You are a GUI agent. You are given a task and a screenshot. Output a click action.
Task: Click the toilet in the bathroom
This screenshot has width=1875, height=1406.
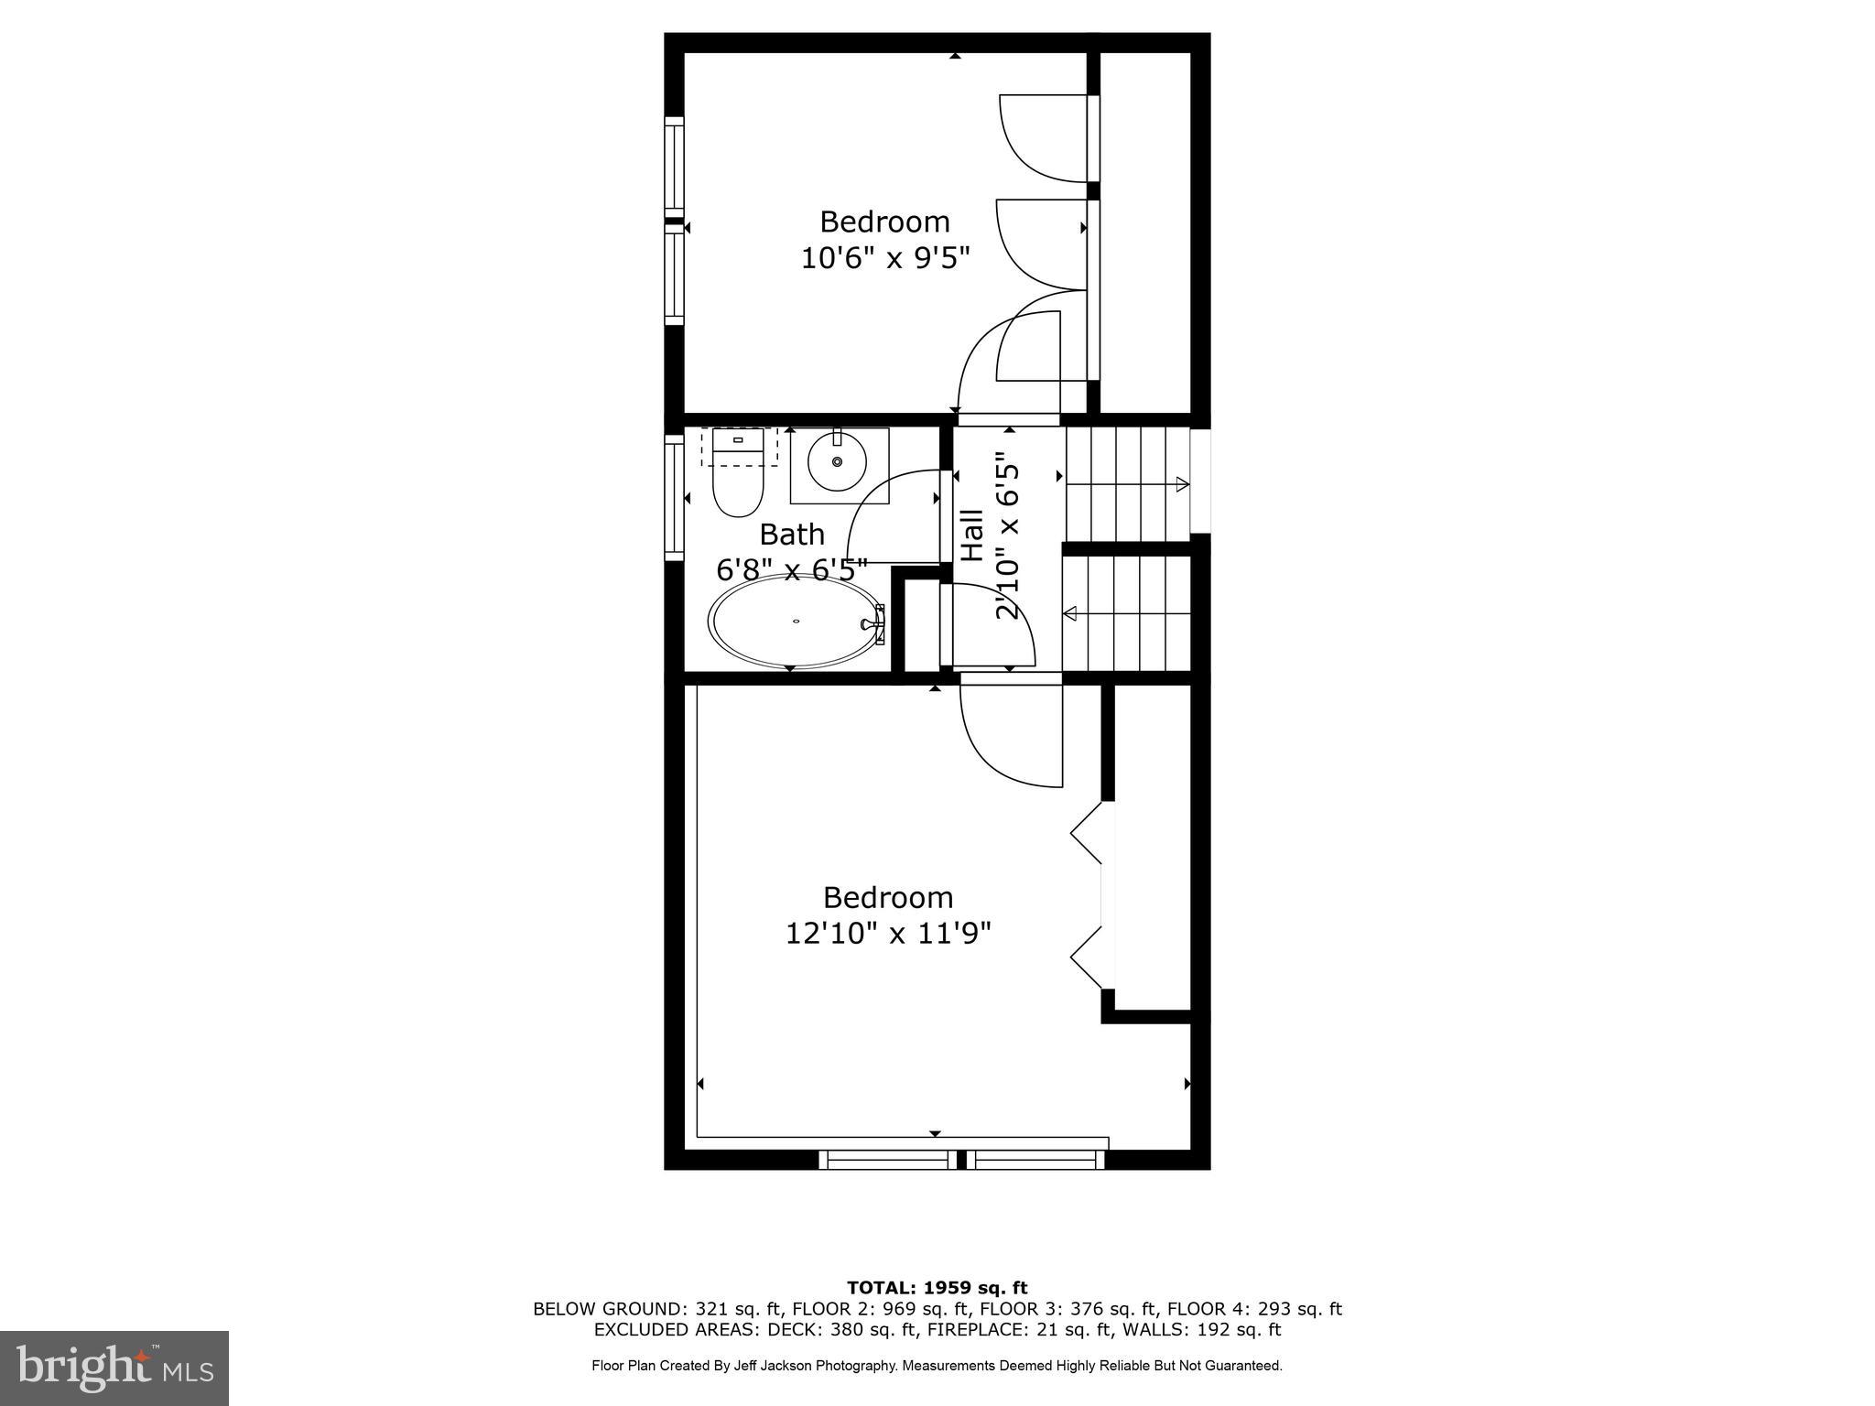pyautogui.click(x=738, y=476)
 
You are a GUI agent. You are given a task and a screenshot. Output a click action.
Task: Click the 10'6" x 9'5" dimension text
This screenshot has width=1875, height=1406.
pyautogui.click(x=884, y=259)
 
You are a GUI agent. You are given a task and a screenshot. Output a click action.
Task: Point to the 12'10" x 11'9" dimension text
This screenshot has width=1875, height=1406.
pyautogui.click(x=888, y=934)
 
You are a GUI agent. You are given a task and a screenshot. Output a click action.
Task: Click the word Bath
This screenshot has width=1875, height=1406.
pyautogui.click(x=792, y=534)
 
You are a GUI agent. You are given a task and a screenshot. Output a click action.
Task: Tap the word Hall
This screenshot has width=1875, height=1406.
pyautogui.click(x=971, y=535)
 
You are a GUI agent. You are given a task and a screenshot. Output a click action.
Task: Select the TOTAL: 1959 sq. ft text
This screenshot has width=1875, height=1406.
pyautogui.click(x=937, y=1289)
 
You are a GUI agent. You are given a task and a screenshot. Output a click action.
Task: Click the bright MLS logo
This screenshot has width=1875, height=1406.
pyautogui.click(x=114, y=1368)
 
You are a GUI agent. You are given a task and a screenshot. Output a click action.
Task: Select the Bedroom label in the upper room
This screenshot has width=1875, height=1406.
pyautogui.click(x=884, y=222)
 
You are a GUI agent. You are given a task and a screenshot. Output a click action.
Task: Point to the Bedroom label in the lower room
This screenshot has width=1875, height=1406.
pyautogui.click(x=888, y=897)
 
